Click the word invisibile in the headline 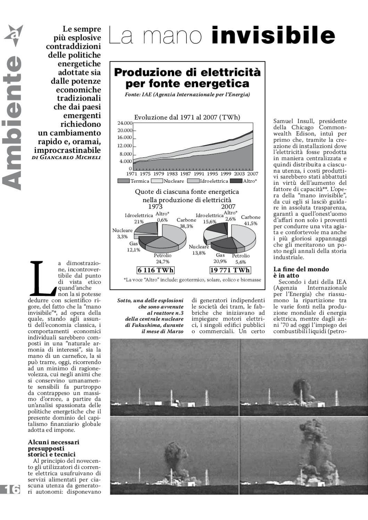coord(273,35)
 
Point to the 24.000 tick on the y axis coord(125,123)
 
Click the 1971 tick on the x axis coord(132,174)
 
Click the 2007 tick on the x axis coord(252,174)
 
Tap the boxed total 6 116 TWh coord(156,270)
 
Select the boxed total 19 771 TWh coord(230,270)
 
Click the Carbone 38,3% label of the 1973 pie coord(186,223)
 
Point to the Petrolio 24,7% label coord(162,259)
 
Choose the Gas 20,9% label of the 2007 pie coord(220,258)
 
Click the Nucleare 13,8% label coord(199,250)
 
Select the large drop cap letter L coord(41,278)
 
